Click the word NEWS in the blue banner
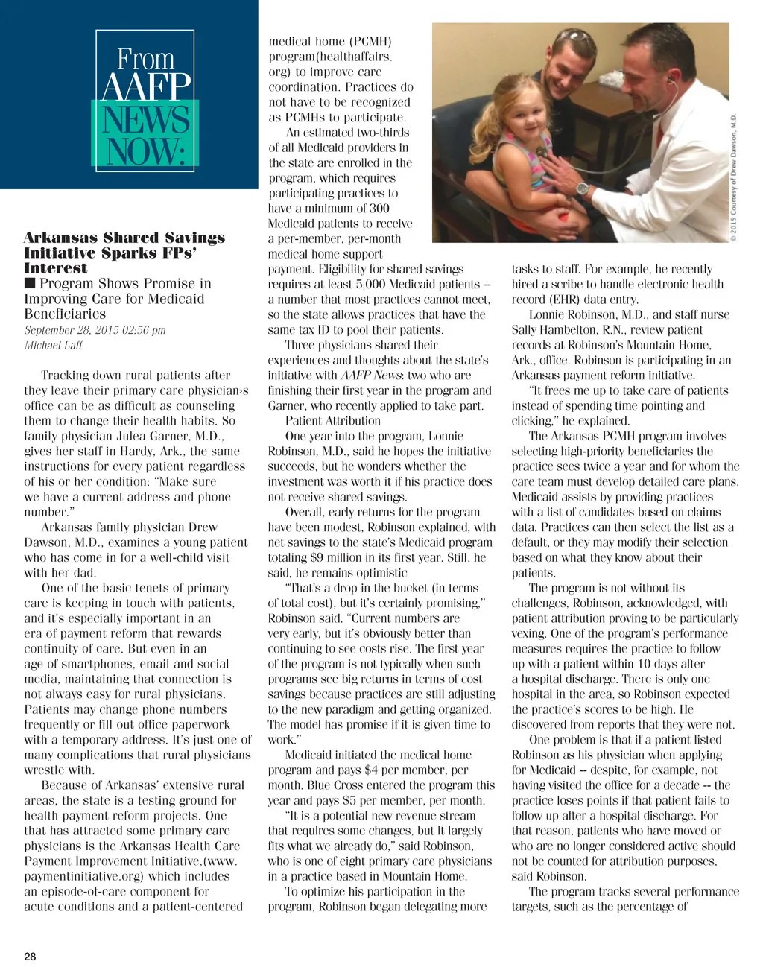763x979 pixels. (x=146, y=120)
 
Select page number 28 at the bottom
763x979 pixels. (x=30, y=957)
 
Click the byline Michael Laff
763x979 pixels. (x=54, y=346)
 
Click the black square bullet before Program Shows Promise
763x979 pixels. (x=30, y=284)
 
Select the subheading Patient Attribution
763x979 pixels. (x=323, y=421)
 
